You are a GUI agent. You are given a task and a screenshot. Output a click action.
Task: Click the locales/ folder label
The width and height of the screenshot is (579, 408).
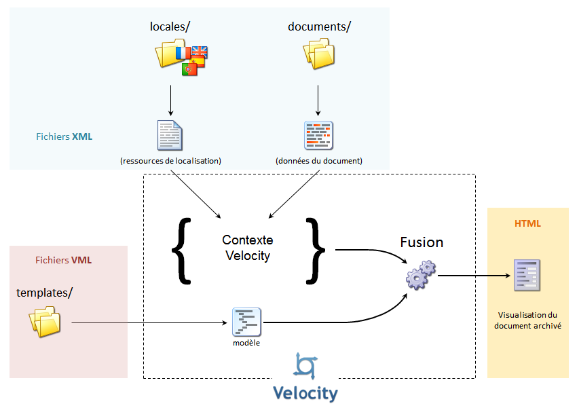[170, 27]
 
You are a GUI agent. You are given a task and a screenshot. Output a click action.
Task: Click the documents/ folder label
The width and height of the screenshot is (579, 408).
[319, 27]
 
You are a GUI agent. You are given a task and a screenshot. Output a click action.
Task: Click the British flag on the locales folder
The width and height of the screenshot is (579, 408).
[200, 52]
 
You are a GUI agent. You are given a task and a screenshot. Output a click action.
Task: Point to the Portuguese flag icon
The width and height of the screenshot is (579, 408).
[189, 69]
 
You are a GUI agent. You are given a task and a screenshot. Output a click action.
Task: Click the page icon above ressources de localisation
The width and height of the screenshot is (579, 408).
[170, 135]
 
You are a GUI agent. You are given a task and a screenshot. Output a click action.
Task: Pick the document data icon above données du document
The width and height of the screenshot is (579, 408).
[318, 135]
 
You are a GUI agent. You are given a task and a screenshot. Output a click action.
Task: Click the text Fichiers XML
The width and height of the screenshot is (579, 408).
[64, 136]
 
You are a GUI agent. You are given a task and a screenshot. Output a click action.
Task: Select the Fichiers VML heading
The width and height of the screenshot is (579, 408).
[63, 260]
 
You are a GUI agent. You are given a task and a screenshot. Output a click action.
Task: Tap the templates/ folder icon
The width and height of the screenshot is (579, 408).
[45, 321]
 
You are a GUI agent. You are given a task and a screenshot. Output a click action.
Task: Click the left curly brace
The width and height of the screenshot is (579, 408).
[179, 249]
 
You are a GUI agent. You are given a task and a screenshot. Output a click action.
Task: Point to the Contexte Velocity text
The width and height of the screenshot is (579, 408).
[247, 248]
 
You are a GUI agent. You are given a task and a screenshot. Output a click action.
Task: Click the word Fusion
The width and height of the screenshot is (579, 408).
[422, 242]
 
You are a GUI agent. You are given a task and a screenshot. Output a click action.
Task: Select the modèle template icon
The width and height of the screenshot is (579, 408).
[246, 322]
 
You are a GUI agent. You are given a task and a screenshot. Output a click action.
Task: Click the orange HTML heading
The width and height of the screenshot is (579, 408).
[527, 223]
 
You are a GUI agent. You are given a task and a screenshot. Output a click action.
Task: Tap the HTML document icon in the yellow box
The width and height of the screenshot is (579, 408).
[527, 275]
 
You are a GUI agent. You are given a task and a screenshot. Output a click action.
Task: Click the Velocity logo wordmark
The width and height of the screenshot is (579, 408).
[305, 393]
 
